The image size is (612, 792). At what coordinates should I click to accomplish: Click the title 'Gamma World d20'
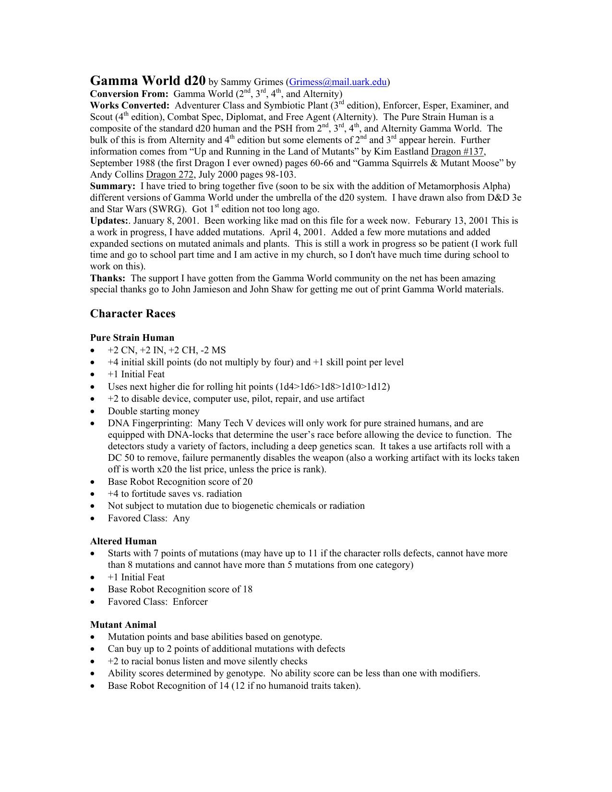coord(148,80)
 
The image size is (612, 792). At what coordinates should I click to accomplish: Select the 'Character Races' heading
coord(132,313)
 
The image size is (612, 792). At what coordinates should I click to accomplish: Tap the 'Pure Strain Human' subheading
coord(132,337)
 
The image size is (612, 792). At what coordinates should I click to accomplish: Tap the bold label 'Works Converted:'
coord(130,106)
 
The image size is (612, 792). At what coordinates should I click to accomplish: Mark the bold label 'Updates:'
coord(109,221)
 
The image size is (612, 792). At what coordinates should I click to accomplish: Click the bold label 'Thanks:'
coord(108,278)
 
